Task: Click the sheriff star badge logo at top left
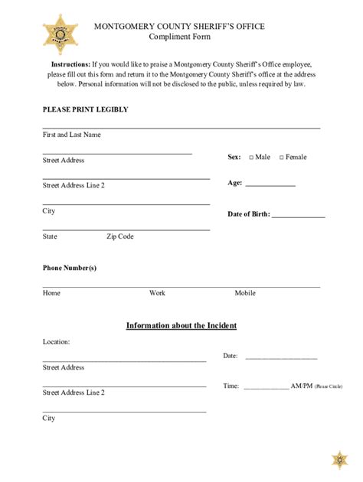click(x=56, y=33)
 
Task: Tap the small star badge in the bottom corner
click(x=339, y=460)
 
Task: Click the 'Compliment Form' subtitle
click(x=180, y=37)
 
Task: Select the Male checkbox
click(x=251, y=158)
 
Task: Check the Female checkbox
click(x=281, y=158)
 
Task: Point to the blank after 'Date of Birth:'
click(x=299, y=215)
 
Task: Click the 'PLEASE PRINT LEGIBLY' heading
click(x=85, y=109)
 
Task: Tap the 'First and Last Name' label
click(x=71, y=135)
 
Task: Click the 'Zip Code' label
click(x=119, y=236)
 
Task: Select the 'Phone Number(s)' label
click(x=69, y=268)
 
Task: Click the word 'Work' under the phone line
click(x=157, y=293)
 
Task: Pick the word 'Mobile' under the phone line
click(x=245, y=293)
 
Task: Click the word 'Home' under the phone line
click(x=51, y=293)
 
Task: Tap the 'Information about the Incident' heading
click(x=181, y=325)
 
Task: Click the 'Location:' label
click(x=56, y=342)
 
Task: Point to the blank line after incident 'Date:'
click(x=280, y=357)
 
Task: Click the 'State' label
click(x=50, y=236)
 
